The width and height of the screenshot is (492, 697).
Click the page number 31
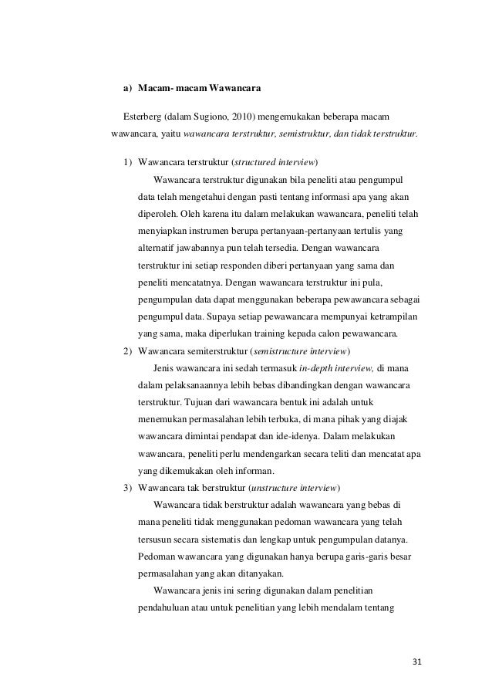[x=419, y=662]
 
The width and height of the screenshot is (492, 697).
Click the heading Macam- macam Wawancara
[x=194, y=89]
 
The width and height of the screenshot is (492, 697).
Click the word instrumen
[x=214, y=231]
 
